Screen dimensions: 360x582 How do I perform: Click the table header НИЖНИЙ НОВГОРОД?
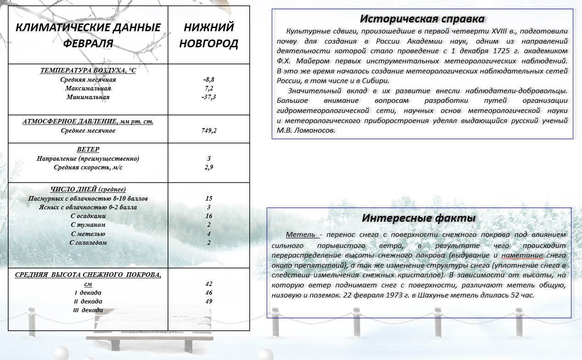[x=208, y=35]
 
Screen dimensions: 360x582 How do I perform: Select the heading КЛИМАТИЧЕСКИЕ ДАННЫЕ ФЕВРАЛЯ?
[x=88, y=35]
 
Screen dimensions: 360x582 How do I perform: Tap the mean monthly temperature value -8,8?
[x=209, y=79]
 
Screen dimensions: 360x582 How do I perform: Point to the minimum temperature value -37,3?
[x=209, y=97]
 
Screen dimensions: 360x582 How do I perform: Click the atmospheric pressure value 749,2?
[x=209, y=130]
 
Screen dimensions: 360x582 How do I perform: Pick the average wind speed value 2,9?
[x=209, y=167]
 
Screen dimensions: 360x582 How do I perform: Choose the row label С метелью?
[x=88, y=234]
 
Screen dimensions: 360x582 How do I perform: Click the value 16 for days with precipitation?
[x=209, y=216]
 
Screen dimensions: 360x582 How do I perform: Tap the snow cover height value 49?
[x=209, y=301]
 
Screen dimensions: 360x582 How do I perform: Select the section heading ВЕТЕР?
[x=88, y=150]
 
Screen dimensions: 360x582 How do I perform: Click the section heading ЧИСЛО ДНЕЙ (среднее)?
[x=88, y=189]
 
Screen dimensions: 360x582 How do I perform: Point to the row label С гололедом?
[x=88, y=242]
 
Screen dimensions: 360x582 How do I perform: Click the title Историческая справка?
[x=422, y=19]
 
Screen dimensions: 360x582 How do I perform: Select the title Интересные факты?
[x=419, y=218]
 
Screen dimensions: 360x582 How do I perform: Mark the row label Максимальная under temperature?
[x=88, y=88]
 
